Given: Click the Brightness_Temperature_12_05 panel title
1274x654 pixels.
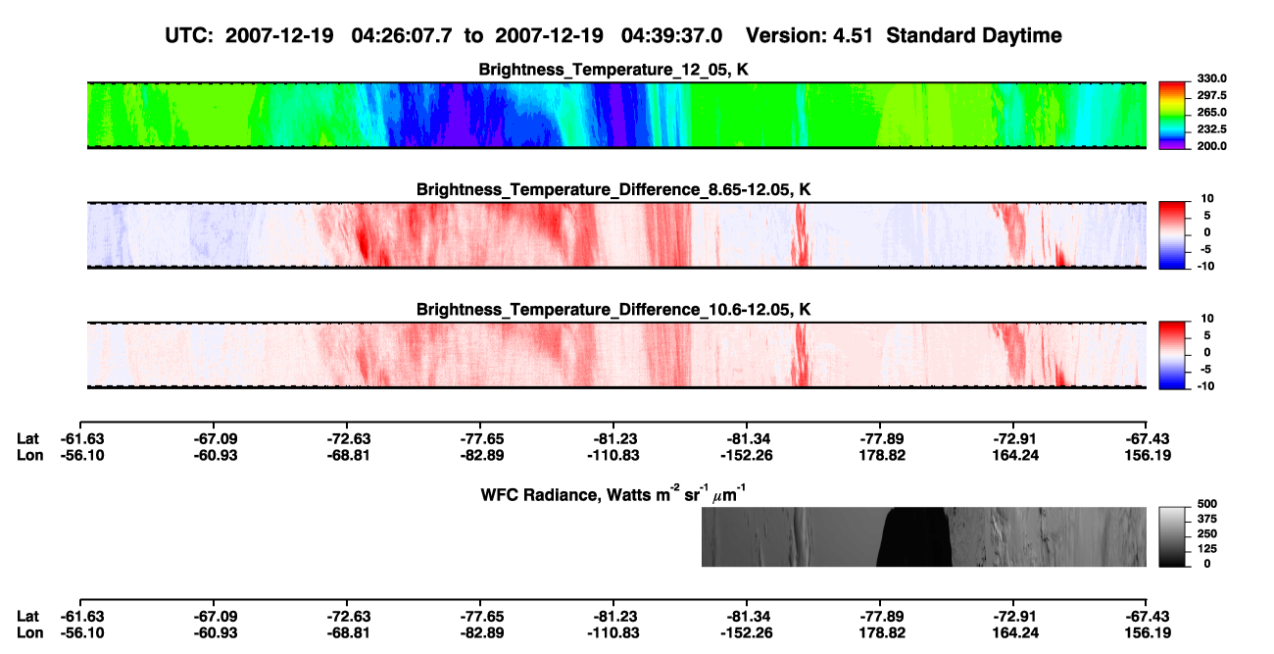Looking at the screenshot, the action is pyautogui.click(x=613, y=70).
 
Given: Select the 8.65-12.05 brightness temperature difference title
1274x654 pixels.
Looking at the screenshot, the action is pyautogui.click(x=613, y=189).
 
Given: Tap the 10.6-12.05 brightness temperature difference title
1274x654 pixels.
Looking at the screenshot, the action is pyautogui.click(x=613, y=310).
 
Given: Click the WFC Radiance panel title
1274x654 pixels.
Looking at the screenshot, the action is pyautogui.click(x=613, y=493).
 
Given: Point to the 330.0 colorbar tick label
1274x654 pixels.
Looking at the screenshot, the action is pyautogui.click(x=1211, y=78).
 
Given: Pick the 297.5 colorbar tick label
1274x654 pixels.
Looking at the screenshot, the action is pyautogui.click(x=1211, y=95).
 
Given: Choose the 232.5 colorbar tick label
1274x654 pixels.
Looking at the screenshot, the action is pyautogui.click(x=1211, y=129).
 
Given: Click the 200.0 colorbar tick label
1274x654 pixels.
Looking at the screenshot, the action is pyautogui.click(x=1211, y=146).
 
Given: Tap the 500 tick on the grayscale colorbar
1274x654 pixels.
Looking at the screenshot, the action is pyautogui.click(x=1207, y=504).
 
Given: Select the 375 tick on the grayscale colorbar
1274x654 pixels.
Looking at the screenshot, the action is pyautogui.click(x=1207, y=519).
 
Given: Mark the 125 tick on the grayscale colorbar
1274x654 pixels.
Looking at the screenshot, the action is pyautogui.click(x=1207, y=549).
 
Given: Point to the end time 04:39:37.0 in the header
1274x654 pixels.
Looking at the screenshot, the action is pyautogui.click(x=671, y=35).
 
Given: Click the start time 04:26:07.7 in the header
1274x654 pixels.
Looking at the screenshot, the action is pyautogui.click(x=402, y=35).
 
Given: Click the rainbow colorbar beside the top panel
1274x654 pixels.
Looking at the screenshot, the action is pyautogui.click(x=1172, y=116).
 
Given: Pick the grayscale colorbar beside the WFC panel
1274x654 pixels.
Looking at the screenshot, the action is pyautogui.click(x=1172, y=536).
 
